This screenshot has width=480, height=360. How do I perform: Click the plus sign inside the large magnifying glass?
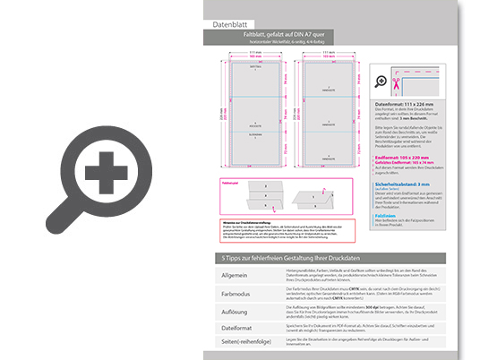pyautogui.click(x=107, y=169)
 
